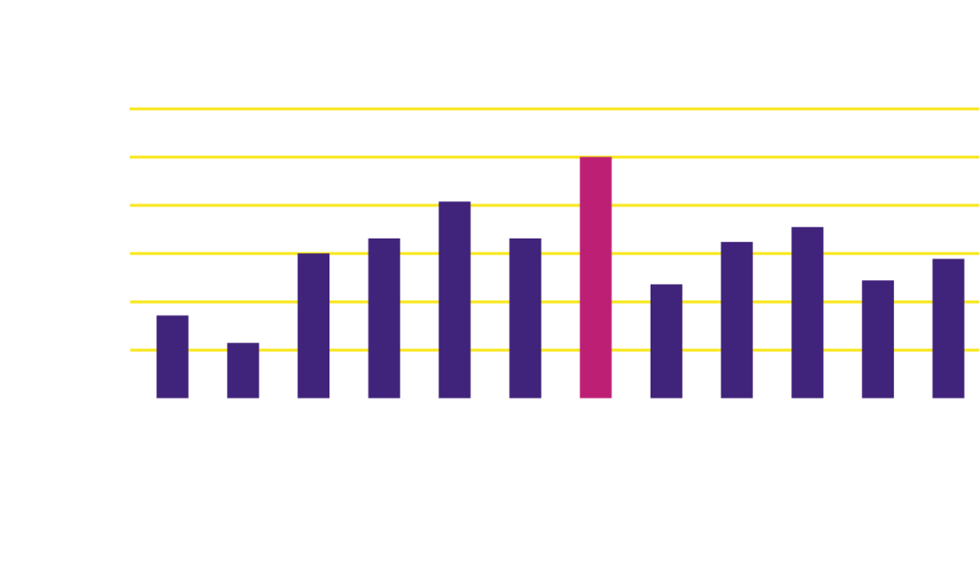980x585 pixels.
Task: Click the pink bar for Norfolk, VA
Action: tap(595, 277)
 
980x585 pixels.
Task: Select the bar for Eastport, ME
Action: tap(172, 356)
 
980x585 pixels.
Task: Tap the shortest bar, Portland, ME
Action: tap(242, 369)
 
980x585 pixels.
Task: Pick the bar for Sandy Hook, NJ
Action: tap(455, 299)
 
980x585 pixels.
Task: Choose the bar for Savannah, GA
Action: tap(808, 312)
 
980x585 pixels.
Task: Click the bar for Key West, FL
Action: tap(948, 327)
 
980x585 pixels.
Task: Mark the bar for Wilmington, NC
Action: tap(666, 340)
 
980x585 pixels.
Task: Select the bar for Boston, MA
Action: tap(313, 325)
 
